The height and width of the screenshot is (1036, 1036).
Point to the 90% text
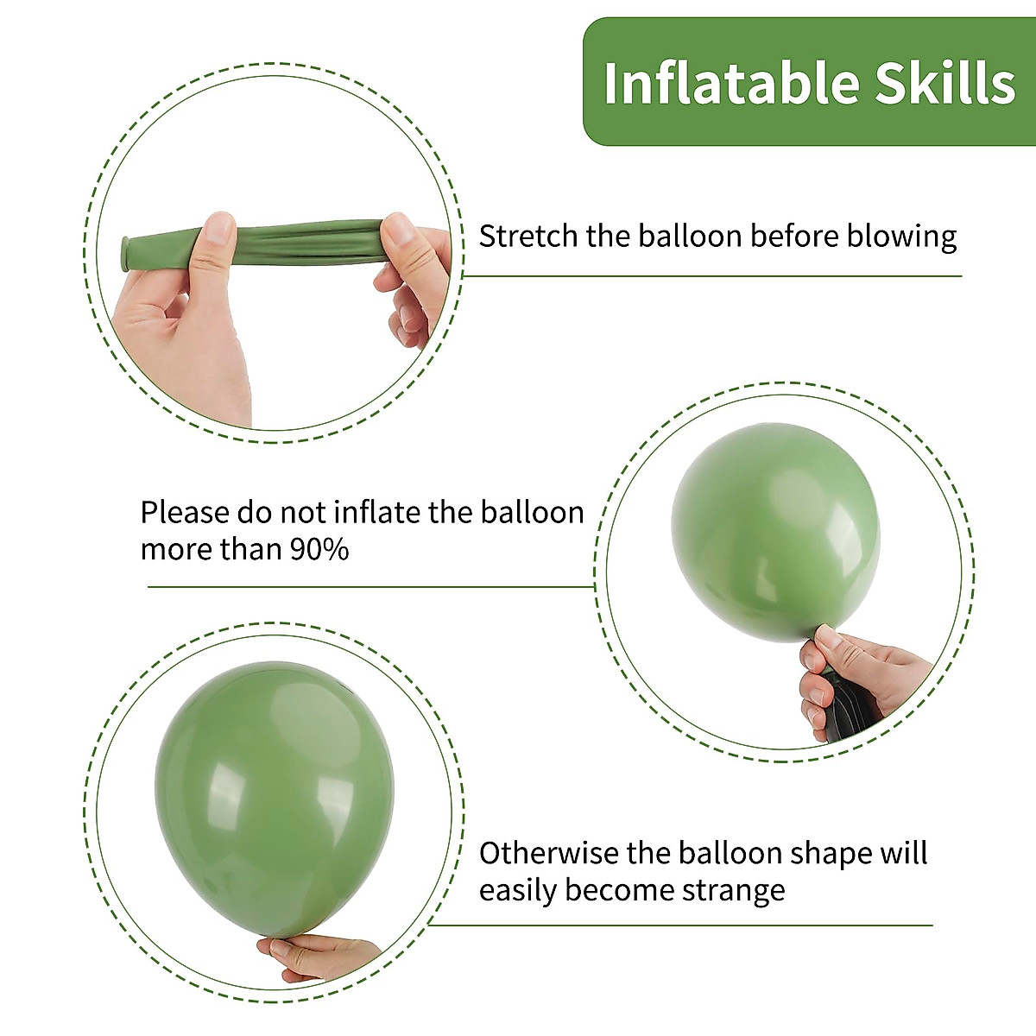coord(319,550)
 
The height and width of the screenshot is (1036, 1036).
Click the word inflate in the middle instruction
coord(377,513)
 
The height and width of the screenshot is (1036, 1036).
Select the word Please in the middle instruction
coord(184,513)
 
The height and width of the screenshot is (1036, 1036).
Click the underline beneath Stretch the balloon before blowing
coord(712,276)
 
